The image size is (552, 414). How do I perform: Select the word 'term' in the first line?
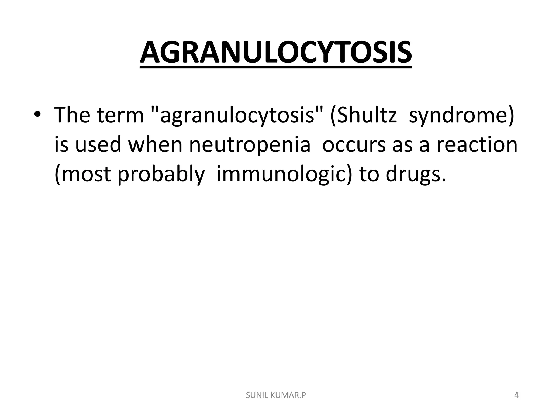[x=120, y=115]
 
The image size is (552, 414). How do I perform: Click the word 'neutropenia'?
[x=250, y=145]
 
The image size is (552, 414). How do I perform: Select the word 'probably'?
[x=160, y=175]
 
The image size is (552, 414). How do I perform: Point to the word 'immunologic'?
[x=283, y=175]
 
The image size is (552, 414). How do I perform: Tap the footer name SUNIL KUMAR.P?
[x=276, y=395]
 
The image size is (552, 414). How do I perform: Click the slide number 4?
[x=516, y=395]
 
